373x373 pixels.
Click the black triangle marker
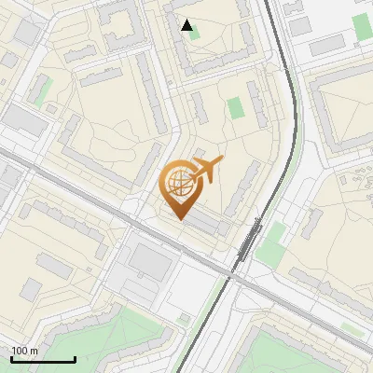(187, 25)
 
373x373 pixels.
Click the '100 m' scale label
(24, 351)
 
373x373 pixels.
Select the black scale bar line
(43, 359)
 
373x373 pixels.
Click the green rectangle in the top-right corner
(363, 27)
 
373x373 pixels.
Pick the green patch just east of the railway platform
(271, 249)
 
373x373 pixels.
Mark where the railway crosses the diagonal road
(229, 276)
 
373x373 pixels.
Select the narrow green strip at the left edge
(43, 90)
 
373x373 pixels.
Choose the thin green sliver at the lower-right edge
(351, 328)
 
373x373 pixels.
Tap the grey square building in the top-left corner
(27, 32)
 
